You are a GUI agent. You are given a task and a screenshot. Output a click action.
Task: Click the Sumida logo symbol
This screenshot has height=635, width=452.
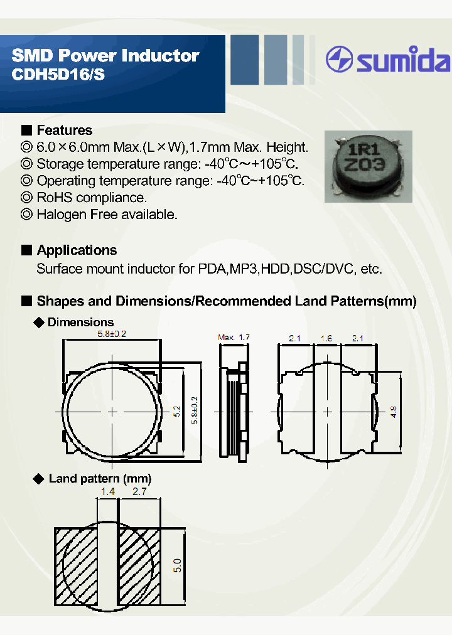[x=340, y=60]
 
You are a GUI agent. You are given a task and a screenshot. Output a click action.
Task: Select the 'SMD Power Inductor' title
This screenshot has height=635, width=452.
[x=105, y=56]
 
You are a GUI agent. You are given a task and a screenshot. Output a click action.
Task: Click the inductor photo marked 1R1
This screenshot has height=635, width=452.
[x=368, y=166]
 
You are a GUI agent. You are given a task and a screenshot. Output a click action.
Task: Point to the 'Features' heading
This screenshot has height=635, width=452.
[x=64, y=131]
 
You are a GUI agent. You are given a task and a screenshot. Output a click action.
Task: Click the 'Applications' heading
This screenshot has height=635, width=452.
[x=77, y=250]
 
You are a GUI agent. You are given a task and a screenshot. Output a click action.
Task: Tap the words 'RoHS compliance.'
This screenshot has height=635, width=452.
[x=92, y=198]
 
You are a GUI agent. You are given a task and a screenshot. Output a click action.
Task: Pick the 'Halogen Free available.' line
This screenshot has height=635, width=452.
[x=107, y=215]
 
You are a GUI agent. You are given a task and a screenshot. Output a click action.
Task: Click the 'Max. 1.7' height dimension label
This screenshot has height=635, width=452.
[x=234, y=338]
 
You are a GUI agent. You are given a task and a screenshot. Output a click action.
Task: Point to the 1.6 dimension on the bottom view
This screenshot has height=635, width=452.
[x=326, y=338]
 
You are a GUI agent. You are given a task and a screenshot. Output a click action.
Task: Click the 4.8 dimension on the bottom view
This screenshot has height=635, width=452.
[x=394, y=412]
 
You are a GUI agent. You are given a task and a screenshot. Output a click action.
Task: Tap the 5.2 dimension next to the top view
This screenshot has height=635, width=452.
[x=177, y=412]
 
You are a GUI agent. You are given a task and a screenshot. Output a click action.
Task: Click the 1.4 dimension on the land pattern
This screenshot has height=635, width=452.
[x=107, y=493]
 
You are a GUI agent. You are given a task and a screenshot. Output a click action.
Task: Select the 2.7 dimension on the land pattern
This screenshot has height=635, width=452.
[x=139, y=493]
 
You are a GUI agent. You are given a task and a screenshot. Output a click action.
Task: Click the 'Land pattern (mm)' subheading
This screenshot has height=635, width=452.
[x=100, y=479]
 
